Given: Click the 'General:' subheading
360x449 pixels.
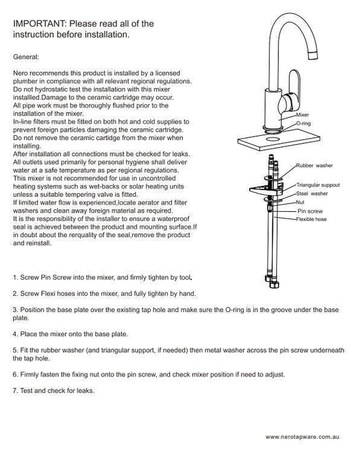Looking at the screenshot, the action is point(26,57).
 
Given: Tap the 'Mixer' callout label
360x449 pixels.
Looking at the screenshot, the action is point(303,115).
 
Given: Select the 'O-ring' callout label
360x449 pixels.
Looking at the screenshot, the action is point(303,123).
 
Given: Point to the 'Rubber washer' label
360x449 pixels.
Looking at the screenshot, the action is point(314,166).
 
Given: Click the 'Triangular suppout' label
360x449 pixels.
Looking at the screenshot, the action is point(318,185).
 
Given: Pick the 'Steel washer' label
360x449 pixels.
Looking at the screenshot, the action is point(312,194).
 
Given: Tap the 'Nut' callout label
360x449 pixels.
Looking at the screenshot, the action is point(300,202).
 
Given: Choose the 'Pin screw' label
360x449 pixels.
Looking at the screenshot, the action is point(310,211).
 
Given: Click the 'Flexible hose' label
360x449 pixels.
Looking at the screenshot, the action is point(312,219).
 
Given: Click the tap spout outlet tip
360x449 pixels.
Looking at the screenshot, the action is point(313,54).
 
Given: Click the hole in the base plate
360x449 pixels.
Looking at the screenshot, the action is point(273,139).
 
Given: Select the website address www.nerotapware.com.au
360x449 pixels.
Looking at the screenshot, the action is point(303,437).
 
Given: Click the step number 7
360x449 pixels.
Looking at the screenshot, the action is point(15,390).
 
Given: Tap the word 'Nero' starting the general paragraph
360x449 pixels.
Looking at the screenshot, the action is point(21,73).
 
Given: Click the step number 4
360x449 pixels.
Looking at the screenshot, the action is point(15,334).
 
